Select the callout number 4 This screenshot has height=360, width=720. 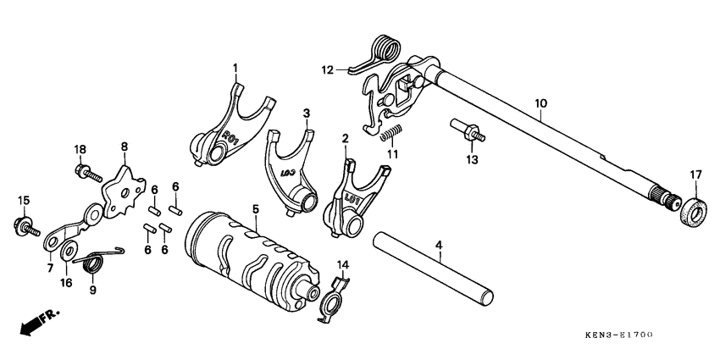click(439, 246)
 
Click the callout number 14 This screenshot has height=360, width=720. click(342, 265)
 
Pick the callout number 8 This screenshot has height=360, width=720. click(125, 147)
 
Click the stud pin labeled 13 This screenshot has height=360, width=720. click(470, 131)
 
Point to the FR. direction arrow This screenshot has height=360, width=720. click(32, 324)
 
